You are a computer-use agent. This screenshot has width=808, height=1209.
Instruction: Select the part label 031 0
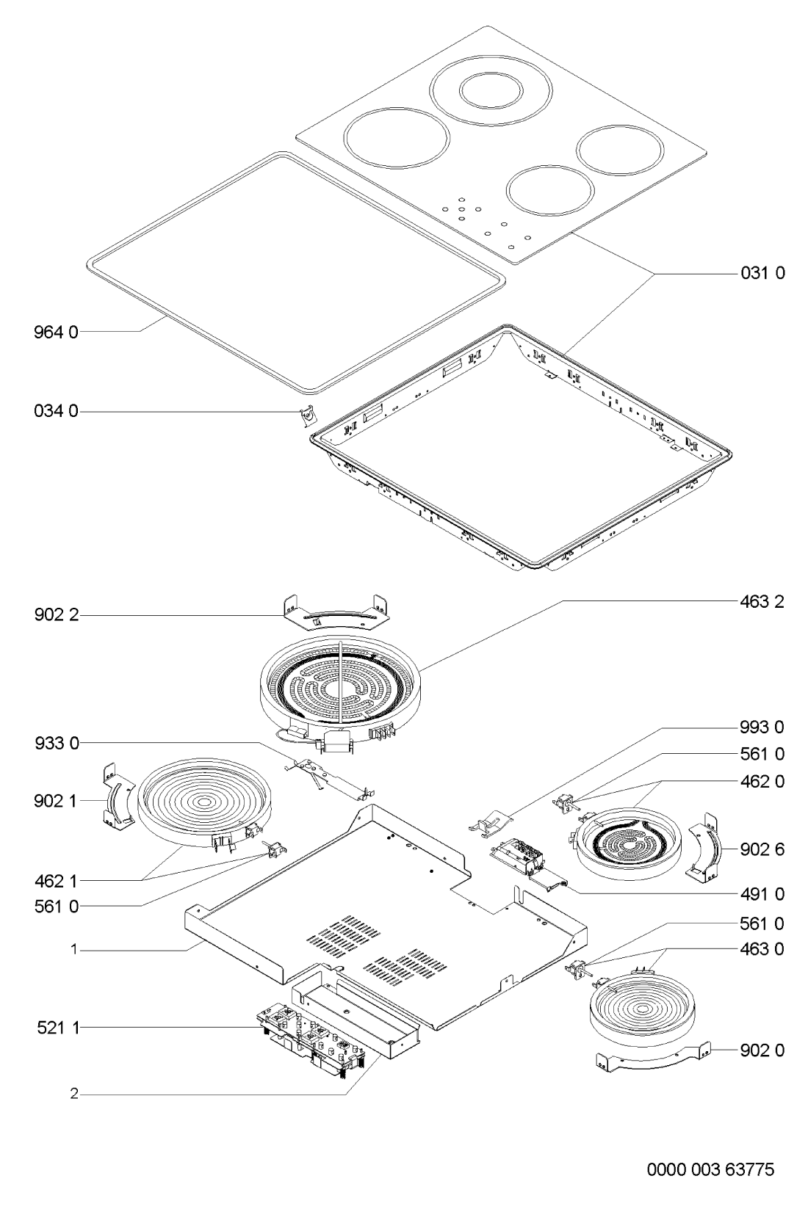[x=762, y=273]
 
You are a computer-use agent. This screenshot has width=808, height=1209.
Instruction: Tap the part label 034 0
[x=56, y=411]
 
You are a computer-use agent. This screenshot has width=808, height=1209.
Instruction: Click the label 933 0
[x=56, y=743]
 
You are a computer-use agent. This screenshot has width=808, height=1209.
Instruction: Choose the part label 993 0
[x=762, y=727]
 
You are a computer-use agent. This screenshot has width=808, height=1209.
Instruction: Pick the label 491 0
[x=762, y=894]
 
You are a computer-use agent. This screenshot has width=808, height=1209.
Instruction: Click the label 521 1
[x=58, y=1028]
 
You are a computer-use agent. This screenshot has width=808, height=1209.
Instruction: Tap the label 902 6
[x=762, y=849]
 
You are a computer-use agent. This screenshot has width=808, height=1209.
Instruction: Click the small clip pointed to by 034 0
[x=309, y=416]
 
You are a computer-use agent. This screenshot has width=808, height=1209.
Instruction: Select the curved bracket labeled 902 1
[x=118, y=796]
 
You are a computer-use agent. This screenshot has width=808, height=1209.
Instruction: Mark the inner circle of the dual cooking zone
[x=491, y=91]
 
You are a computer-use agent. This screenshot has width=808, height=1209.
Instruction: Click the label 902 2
[x=56, y=614]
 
